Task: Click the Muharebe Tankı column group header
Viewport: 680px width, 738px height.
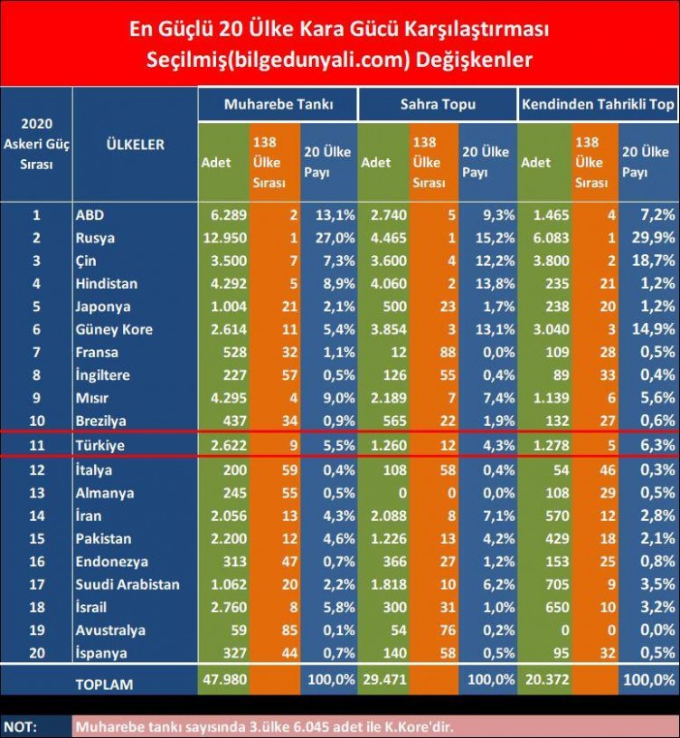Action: tap(278, 104)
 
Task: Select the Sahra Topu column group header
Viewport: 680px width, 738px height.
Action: tap(437, 104)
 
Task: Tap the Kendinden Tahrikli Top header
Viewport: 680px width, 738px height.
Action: tap(598, 104)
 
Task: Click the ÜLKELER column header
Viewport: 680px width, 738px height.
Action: tap(135, 145)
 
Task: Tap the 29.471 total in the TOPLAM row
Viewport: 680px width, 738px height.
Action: tap(384, 679)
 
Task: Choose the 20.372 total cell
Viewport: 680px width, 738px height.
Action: tap(545, 679)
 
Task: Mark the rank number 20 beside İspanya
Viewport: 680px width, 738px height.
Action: tap(36, 652)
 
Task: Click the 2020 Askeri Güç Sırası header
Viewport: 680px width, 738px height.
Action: tap(36, 145)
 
